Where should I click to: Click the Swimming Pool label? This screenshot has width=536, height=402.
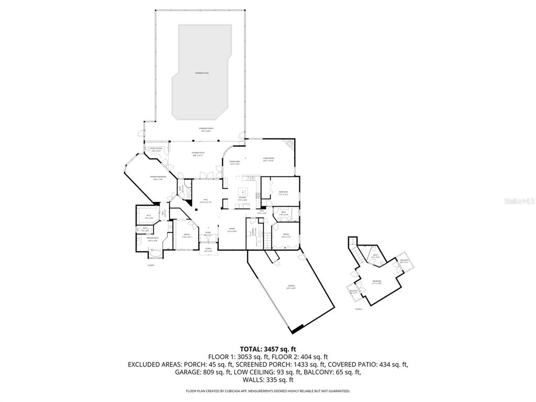202,73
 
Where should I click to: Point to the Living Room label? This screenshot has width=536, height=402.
269,160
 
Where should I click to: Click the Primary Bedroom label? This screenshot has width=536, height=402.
157,178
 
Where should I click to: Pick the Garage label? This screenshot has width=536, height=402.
291,287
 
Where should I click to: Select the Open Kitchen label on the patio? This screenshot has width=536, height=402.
156,150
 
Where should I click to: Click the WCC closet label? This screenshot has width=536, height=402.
148,216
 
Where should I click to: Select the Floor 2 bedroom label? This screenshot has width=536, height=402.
377,282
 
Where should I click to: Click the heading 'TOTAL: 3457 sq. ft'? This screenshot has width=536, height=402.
268,349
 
